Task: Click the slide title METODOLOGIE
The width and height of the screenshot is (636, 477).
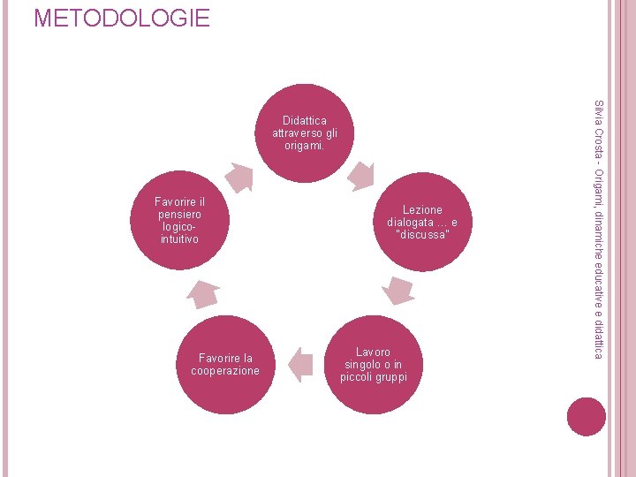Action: tap(122, 18)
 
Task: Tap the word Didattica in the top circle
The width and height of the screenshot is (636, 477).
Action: tap(305, 120)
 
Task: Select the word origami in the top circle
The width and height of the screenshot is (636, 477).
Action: tap(303, 145)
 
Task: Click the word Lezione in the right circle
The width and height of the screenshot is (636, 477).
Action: tap(422, 210)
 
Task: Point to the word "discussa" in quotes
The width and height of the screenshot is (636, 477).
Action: tap(422, 235)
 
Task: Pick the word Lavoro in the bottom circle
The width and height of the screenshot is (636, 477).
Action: tap(374, 352)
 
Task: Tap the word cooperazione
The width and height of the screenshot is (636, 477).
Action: tap(225, 371)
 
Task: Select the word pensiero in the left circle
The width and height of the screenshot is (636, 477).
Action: tap(179, 215)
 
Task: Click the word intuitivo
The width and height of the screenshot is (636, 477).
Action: tap(179, 239)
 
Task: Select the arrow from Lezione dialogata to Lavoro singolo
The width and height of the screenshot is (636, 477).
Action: tap(398, 290)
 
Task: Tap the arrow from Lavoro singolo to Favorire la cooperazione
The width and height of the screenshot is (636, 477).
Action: tap(301, 364)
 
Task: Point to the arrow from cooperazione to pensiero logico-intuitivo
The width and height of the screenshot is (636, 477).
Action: tap(204, 294)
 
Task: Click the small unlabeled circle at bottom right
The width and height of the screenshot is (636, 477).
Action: tap(587, 417)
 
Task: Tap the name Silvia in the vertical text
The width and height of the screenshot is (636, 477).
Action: tap(598, 114)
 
